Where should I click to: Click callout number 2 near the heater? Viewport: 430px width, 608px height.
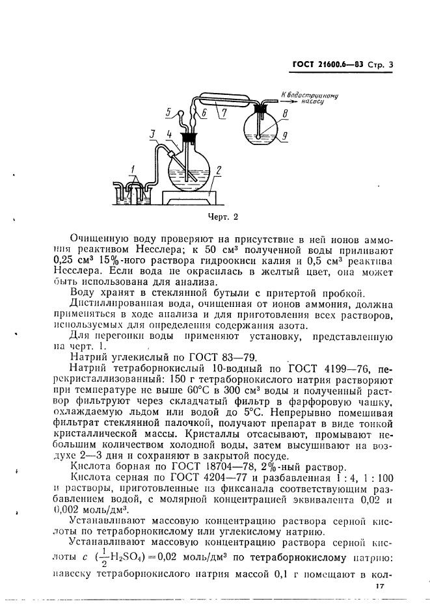click(219, 170)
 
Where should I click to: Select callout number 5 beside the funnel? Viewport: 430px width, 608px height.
click(167, 112)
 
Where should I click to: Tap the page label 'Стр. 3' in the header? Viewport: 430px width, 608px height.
click(384, 64)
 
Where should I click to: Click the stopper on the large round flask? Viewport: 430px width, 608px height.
click(189, 139)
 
